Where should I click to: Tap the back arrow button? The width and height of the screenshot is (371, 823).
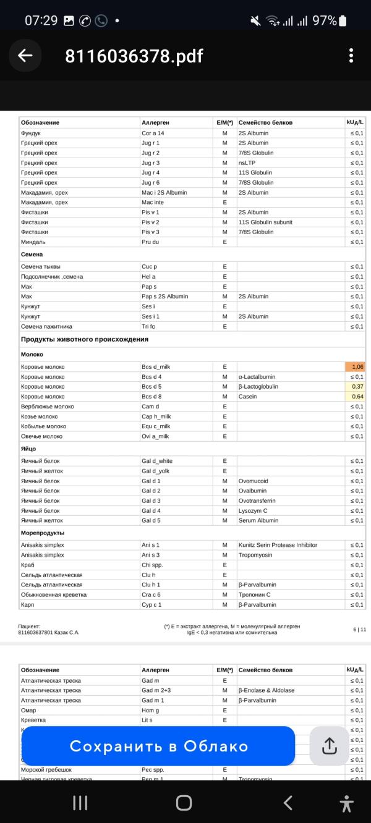pyautogui.click(x=25, y=56)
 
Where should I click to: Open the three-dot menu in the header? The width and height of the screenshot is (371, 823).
pyautogui.click(x=351, y=56)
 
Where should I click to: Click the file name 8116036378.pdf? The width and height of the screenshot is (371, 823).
pyautogui.click(x=134, y=56)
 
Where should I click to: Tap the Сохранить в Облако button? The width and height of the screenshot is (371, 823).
pyautogui.click(x=158, y=746)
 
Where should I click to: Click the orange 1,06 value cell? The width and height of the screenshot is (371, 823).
pyautogui.click(x=355, y=367)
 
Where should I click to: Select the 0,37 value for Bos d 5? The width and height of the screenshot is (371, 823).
pyautogui.click(x=355, y=387)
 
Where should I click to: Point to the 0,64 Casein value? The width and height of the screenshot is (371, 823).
pyautogui.click(x=355, y=397)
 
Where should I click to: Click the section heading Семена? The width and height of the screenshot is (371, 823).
pyautogui.click(x=32, y=254)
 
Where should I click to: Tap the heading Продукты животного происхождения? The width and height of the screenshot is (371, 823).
pyautogui.click(x=85, y=339)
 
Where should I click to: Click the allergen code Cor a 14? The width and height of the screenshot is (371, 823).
pyautogui.click(x=153, y=133)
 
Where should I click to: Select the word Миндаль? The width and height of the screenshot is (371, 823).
pyautogui.click(x=33, y=242)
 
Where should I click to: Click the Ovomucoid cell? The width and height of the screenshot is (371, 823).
pyautogui.click(x=254, y=481)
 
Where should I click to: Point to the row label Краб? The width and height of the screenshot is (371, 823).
pyautogui.click(x=28, y=565)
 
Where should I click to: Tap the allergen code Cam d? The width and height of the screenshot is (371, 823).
pyautogui.click(x=150, y=407)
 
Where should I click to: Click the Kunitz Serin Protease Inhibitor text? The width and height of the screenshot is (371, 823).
pyautogui.click(x=278, y=545)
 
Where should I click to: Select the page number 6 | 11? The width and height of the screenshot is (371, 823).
pyautogui.click(x=359, y=629)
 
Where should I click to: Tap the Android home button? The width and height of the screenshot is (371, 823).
pyautogui.click(x=184, y=803)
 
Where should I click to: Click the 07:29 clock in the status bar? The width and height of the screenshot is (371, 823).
pyautogui.click(x=41, y=20)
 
